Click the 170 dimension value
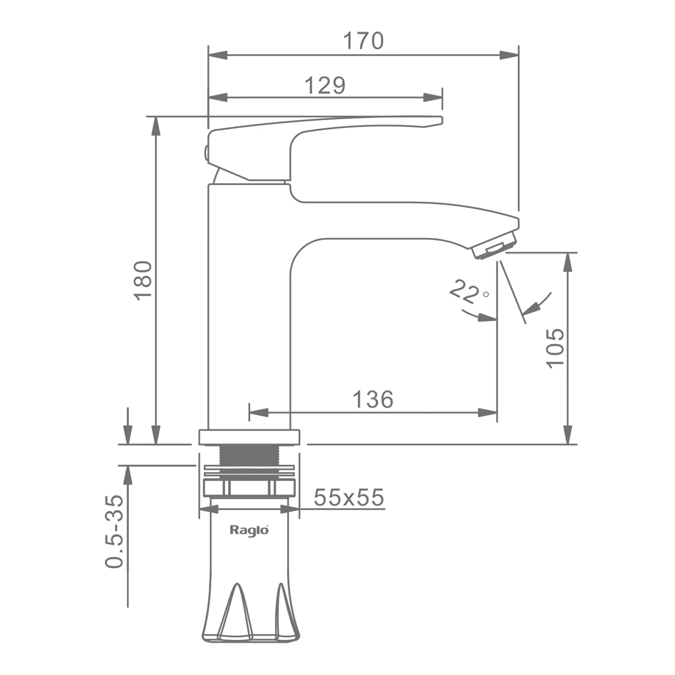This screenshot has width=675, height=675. pyautogui.click(x=364, y=41)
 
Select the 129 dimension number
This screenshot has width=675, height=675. pyautogui.click(x=325, y=85)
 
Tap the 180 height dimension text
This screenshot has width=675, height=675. pyautogui.click(x=143, y=280)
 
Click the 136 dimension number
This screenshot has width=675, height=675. pyautogui.click(x=373, y=399)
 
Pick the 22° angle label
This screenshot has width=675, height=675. pyautogui.click(x=468, y=292)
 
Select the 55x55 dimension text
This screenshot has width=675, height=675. pyautogui.click(x=349, y=497)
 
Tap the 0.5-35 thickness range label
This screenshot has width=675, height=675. pyautogui.click(x=114, y=531)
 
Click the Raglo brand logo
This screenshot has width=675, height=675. pyautogui.click(x=249, y=530)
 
